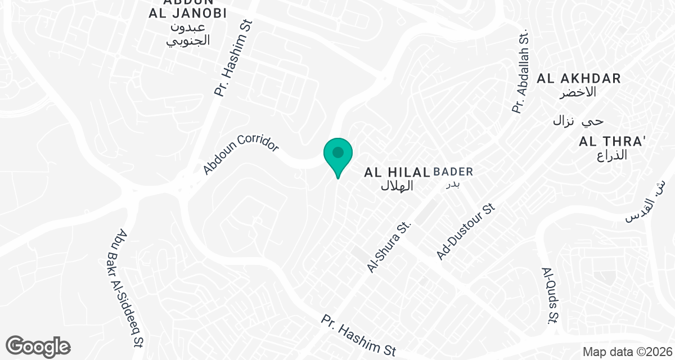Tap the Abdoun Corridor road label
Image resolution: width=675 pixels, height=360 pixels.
241,154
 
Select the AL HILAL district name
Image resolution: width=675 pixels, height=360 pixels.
397,172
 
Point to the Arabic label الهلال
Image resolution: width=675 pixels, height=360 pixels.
397,186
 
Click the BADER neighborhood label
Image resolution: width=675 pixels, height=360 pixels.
454,172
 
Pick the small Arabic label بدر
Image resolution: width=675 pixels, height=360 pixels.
453,183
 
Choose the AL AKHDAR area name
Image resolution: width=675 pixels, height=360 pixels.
579,79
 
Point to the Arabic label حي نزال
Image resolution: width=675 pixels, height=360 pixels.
578,121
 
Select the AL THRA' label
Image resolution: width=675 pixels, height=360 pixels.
612,142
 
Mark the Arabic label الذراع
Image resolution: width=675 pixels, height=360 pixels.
612,155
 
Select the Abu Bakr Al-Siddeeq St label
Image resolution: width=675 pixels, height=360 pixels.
131,289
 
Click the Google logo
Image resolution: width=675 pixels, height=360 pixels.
38,346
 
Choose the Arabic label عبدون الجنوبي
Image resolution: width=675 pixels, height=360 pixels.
188,34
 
